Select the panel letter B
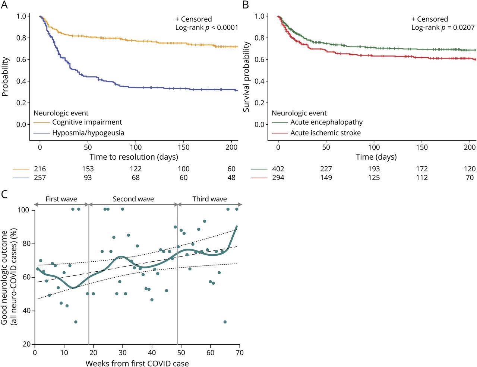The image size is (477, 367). [246, 5]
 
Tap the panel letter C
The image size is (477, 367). [4, 194]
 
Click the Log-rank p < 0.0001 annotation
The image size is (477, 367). [206, 28]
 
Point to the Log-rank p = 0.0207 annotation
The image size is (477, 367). [443, 28]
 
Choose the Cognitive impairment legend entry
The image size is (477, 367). [87, 122]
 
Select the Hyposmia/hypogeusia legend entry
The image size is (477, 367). [88, 133]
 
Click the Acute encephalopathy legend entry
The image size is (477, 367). [326, 122]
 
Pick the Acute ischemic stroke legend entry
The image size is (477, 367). [325, 133]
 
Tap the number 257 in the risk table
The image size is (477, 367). [40, 178]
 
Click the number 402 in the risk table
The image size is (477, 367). [278, 169]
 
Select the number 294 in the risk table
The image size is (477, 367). [278, 178]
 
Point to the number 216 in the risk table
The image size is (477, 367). [40, 169]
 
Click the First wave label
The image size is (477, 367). [61, 199]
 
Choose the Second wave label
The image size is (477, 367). [133, 199]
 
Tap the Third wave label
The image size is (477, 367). [209, 199]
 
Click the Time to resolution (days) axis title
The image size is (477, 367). [134, 157]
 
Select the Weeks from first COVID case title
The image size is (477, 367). [137, 363]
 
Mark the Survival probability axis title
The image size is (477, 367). [246, 77]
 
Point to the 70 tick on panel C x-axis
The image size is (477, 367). [240, 352]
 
